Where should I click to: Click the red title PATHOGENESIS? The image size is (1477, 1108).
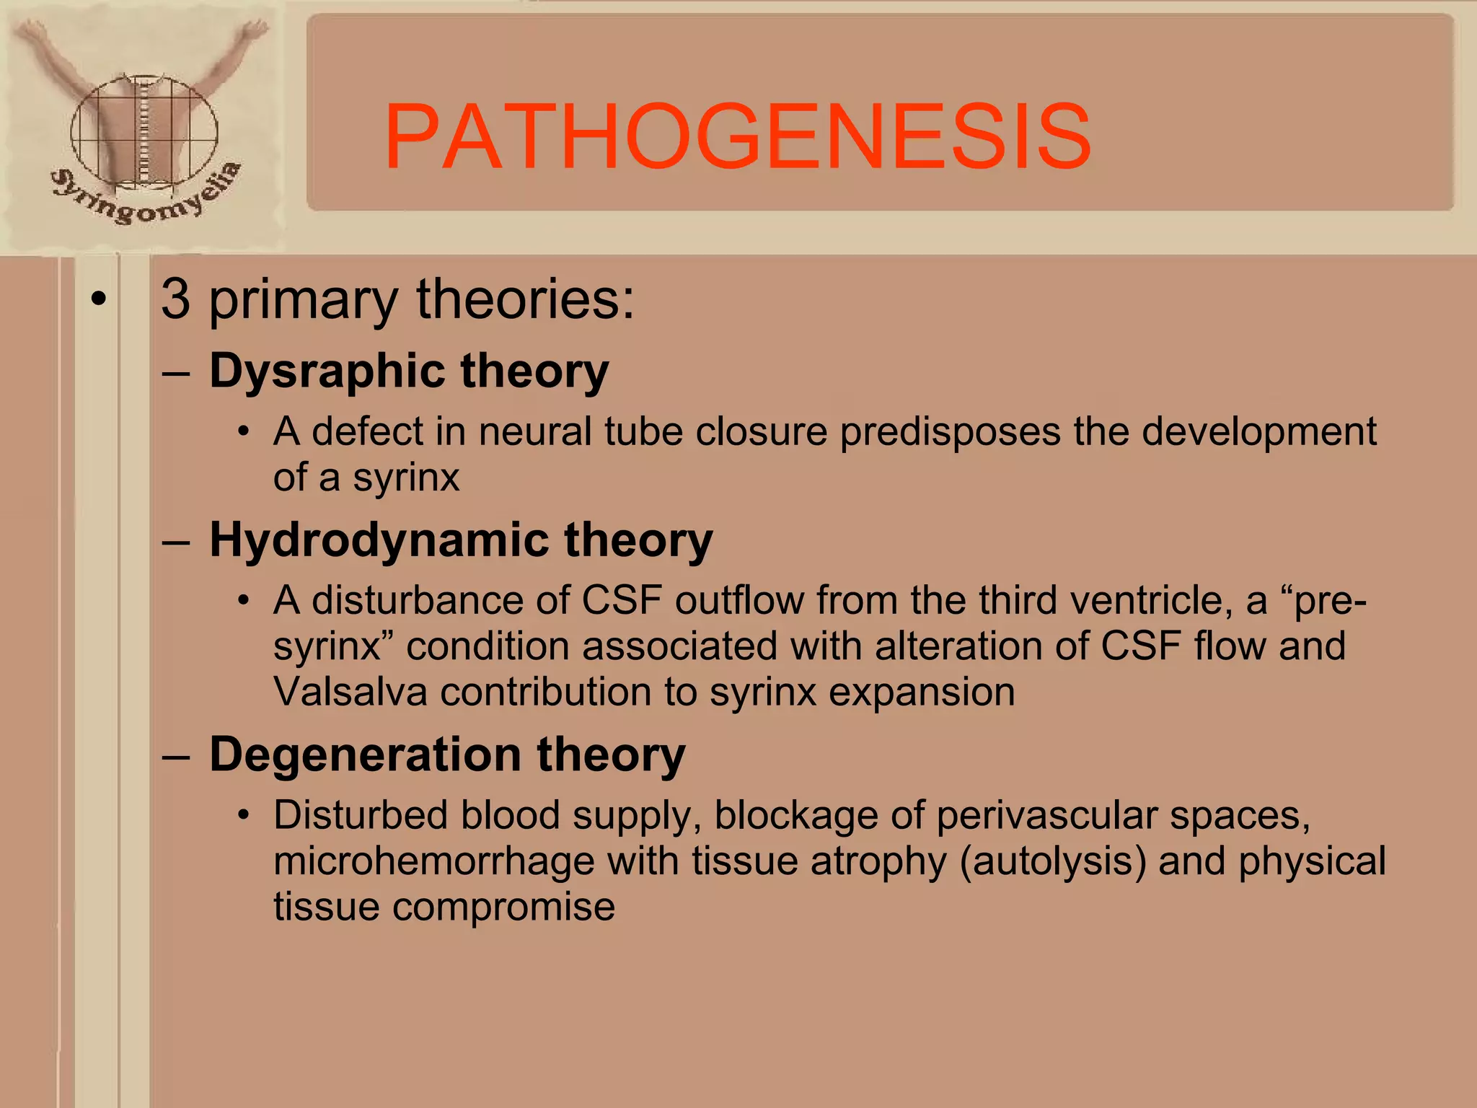[x=737, y=137]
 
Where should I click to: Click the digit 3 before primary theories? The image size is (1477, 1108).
[x=176, y=299]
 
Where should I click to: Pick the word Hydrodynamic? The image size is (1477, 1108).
[x=379, y=541]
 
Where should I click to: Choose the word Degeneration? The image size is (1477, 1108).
[x=365, y=755]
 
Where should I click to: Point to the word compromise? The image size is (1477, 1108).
[x=503, y=907]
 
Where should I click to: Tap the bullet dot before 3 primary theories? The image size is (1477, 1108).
[x=99, y=298]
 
